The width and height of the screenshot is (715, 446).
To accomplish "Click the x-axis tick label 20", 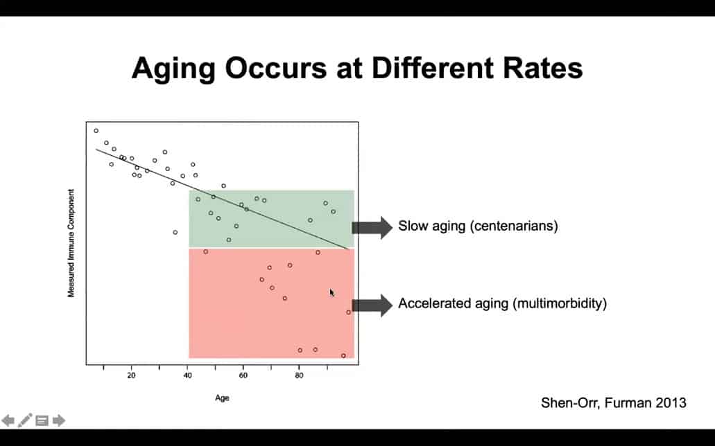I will click(132, 376).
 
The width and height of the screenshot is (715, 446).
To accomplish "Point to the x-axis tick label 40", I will click(187, 376).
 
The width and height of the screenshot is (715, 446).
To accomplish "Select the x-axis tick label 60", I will click(243, 376).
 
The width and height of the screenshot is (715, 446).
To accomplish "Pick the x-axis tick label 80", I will click(299, 376).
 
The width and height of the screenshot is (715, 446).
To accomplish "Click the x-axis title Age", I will click(222, 398).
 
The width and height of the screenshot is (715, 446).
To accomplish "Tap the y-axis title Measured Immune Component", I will click(71, 244).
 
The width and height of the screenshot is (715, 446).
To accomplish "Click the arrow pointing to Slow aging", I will click(372, 227).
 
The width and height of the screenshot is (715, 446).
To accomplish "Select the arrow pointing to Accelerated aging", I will click(372, 304).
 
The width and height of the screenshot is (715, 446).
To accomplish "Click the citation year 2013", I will click(673, 402).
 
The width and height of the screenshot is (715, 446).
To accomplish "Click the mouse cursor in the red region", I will click(331, 292).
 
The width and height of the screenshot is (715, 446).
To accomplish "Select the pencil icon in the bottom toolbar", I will click(25, 420).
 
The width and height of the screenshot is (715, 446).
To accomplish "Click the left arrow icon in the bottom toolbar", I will click(8, 420).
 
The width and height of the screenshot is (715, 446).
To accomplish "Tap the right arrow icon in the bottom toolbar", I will click(59, 420).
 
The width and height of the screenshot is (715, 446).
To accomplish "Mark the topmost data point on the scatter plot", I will click(96, 130).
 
